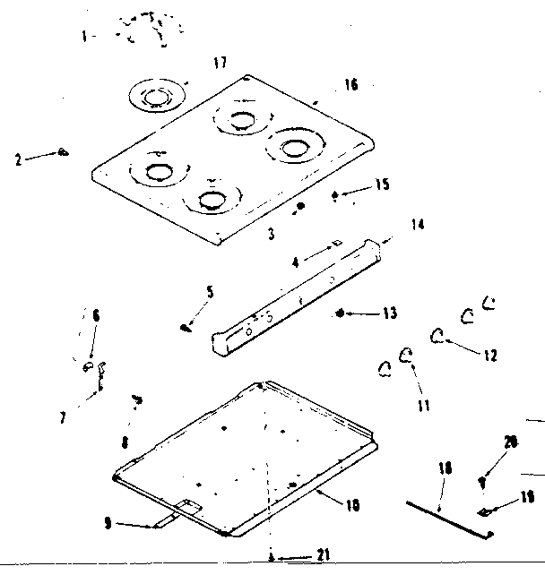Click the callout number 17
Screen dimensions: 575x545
[220, 62]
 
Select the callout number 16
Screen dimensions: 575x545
[350, 84]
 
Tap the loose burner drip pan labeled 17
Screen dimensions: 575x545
[157, 94]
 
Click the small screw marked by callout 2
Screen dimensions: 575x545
[62, 152]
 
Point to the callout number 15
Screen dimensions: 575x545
[382, 185]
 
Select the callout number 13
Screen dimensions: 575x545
[388, 313]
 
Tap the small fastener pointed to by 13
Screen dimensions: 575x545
[342, 313]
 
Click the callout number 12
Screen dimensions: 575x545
[489, 355]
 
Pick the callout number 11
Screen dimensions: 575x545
[422, 405]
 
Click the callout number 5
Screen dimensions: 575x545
[210, 291]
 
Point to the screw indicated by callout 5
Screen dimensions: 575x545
[186, 328]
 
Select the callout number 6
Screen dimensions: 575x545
[96, 314]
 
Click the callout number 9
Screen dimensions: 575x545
[108, 524]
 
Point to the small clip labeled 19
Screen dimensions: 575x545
[484, 512]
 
